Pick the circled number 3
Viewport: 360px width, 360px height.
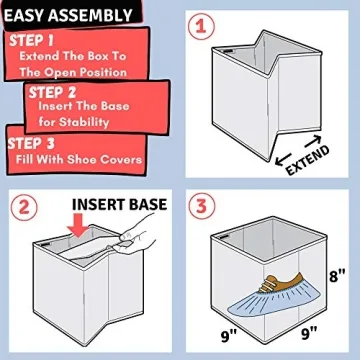203,207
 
